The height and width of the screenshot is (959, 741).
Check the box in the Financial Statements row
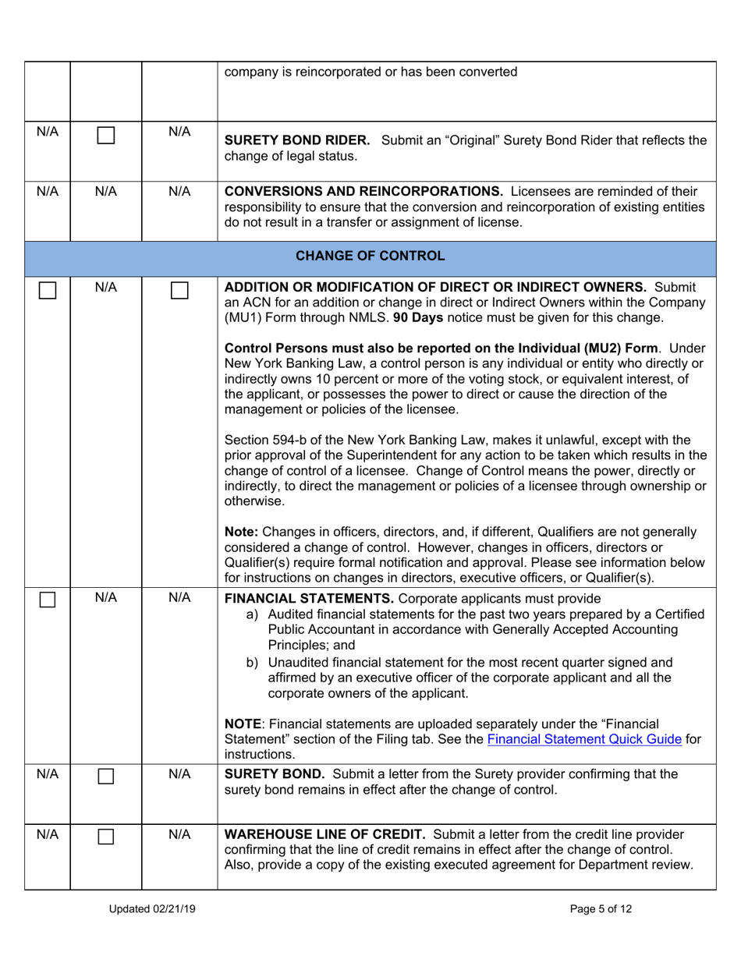(x=48, y=600)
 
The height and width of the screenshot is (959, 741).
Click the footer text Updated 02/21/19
(x=152, y=908)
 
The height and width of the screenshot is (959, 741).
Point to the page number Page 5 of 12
(x=594, y=908)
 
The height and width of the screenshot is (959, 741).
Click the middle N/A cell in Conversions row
(x=105, y=190)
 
